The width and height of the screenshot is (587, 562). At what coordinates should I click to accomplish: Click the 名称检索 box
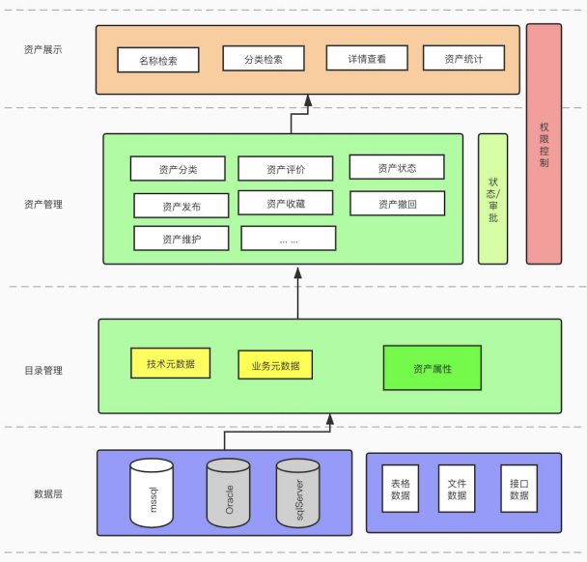(x=158, y=60)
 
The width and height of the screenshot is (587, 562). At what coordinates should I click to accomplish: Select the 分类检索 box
(x=265, y=59)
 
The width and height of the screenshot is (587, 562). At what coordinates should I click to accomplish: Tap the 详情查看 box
(x=367, y=59)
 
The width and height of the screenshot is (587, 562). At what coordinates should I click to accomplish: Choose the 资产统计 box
(x=463, y=59)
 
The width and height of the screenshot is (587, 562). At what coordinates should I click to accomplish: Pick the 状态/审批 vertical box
(x=492, y=199)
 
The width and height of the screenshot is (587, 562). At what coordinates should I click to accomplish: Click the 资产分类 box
(x=178, y=169)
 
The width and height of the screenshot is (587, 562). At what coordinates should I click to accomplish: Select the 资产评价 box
(x=286, y=169)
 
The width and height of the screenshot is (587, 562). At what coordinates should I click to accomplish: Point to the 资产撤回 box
(x=397, y=204)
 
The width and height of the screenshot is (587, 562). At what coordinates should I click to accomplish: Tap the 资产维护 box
(x=182, y=238)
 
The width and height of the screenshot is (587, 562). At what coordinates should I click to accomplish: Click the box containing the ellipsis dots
(x=288, y=239)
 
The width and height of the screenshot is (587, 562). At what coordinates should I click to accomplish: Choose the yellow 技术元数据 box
(x=171, y=363)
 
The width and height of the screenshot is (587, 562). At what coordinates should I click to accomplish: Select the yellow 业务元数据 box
(x=275, y=365)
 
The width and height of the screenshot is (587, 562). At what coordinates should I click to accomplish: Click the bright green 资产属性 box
(x=432, y=368)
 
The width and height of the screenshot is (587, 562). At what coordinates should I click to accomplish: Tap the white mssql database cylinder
(x=152, y=492)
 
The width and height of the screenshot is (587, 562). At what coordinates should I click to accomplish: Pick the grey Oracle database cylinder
(x=228, y=492)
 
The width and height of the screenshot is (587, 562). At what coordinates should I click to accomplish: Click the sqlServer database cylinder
(x=297, y=492)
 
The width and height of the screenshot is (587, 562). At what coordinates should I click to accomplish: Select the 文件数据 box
(x=458, y=489)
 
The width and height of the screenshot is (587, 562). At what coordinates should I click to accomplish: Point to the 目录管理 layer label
(x=43, y=370)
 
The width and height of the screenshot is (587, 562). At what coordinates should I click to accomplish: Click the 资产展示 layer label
(x=43, y=49)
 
